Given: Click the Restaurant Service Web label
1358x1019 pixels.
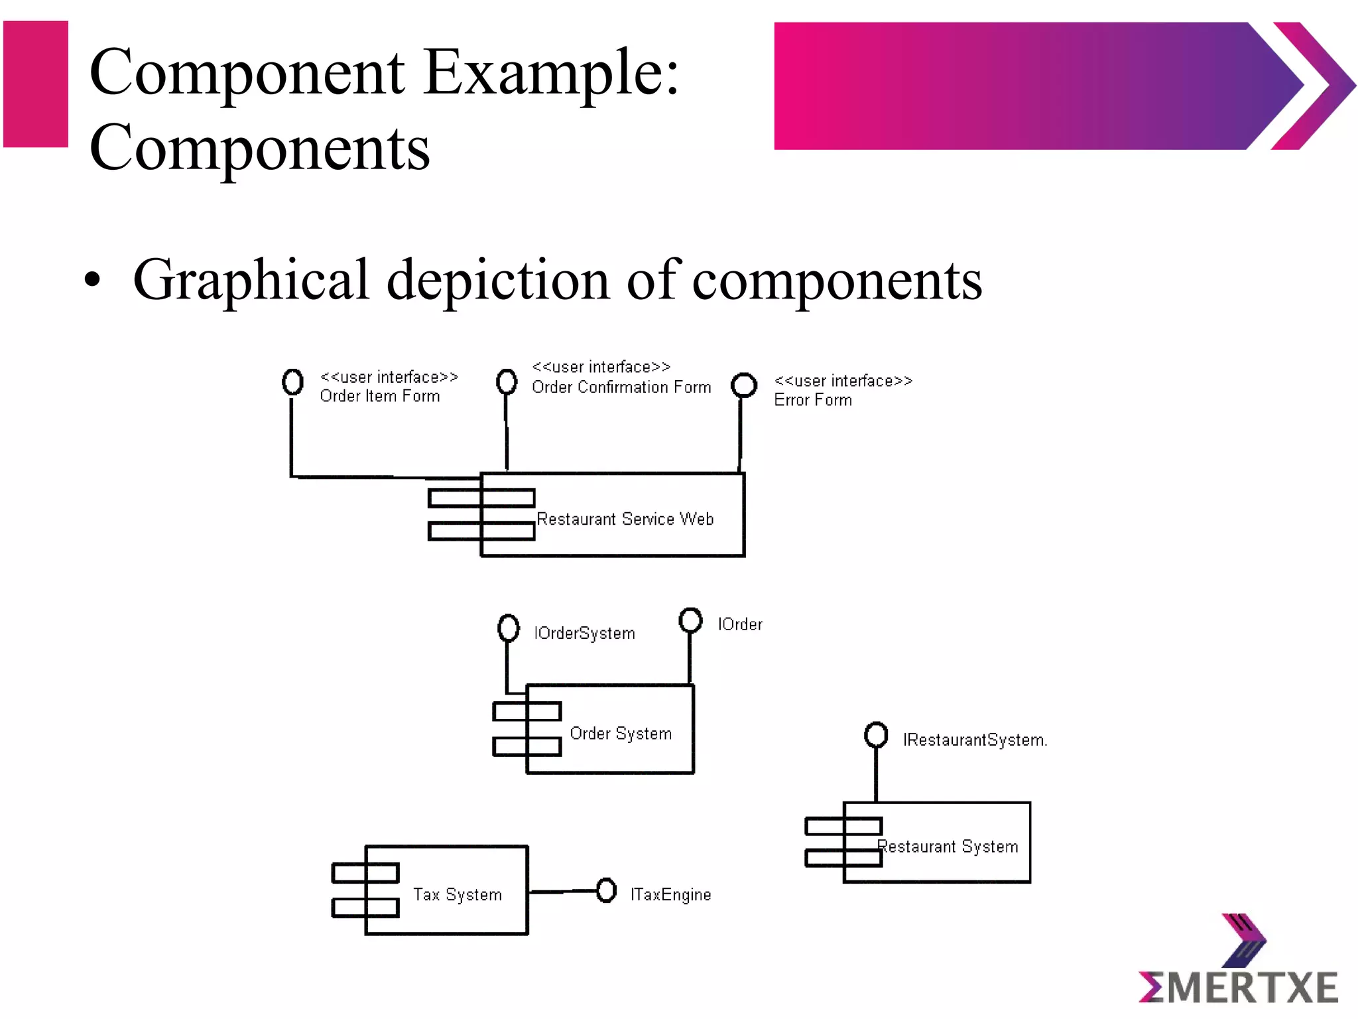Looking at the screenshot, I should pos(625,519).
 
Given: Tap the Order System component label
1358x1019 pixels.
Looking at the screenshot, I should pos(621,733).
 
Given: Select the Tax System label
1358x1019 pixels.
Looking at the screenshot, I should pos(457,894).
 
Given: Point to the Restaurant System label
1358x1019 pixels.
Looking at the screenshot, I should pos(948,847).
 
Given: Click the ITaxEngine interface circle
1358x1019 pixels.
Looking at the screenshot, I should pos(606,890).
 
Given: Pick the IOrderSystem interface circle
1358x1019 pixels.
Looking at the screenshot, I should pos(509,628).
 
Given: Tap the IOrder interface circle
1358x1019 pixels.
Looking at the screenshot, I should pos(690,620).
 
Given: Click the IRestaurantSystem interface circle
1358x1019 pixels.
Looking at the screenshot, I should pos(876,734).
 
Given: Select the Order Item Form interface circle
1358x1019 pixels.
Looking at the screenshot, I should pos(292,381).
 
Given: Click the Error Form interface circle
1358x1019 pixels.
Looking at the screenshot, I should pos(744,385).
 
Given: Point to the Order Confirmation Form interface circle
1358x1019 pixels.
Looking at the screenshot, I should pos(507,381).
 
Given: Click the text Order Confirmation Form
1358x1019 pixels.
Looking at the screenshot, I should pos(621,387).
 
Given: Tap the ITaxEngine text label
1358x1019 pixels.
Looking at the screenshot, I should pos(670,894).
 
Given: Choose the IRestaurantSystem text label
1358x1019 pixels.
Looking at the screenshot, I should pos(975,740).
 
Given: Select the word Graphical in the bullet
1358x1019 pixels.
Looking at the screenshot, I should pos(251,280).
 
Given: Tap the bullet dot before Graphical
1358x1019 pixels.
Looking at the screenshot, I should pos(93,280).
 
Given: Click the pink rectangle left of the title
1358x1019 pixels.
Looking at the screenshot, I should pos(36,84).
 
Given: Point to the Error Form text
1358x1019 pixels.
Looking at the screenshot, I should pos(813,400).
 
